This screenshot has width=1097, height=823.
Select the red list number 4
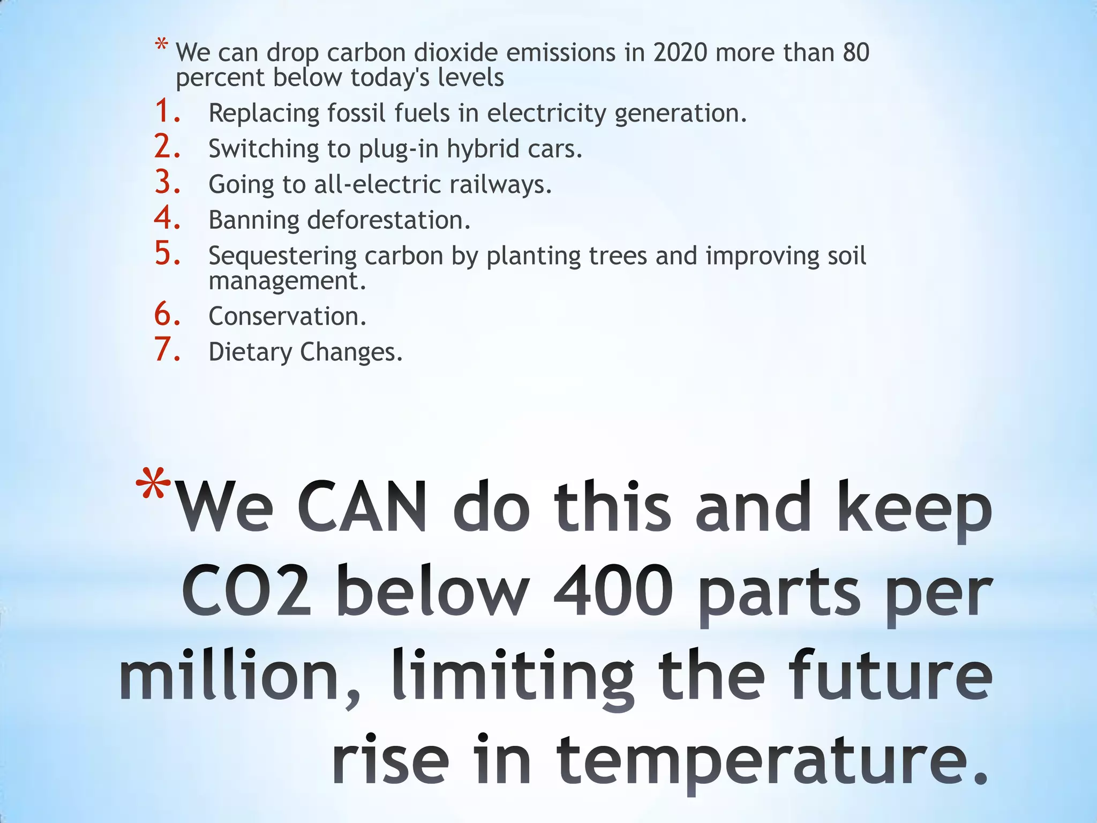tap(166, 218)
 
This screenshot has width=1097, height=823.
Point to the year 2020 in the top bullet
tap(680, 53)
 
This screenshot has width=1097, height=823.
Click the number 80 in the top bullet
tap(855, 53)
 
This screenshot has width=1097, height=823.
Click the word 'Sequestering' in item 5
tap(282, 257)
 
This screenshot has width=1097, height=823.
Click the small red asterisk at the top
tap(161, 44)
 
